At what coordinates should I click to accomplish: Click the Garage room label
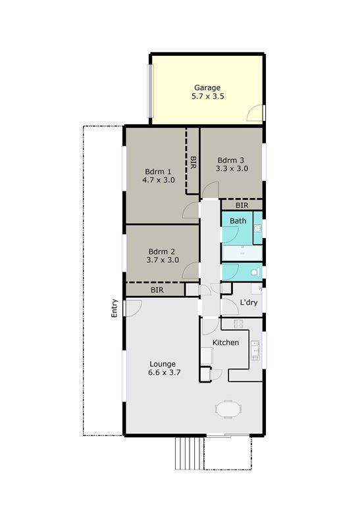point(207,87)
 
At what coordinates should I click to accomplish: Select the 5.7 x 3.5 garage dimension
point(207,96)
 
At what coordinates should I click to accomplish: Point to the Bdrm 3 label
point(231,160)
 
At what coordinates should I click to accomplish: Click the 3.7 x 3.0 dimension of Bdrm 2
point(162,260)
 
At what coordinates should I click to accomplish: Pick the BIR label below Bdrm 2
point(157,289)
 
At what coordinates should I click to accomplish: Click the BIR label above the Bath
point(242,205)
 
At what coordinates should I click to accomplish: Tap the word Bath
point(238,221)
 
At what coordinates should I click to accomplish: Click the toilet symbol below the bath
point(257,272)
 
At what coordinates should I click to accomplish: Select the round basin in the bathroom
point(257,228)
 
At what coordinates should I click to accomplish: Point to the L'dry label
point(248,302)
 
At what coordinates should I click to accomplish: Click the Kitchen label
point(225,343)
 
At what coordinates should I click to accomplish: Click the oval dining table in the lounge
point(227,408)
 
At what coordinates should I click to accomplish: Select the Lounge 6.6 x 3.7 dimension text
point(165,372)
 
